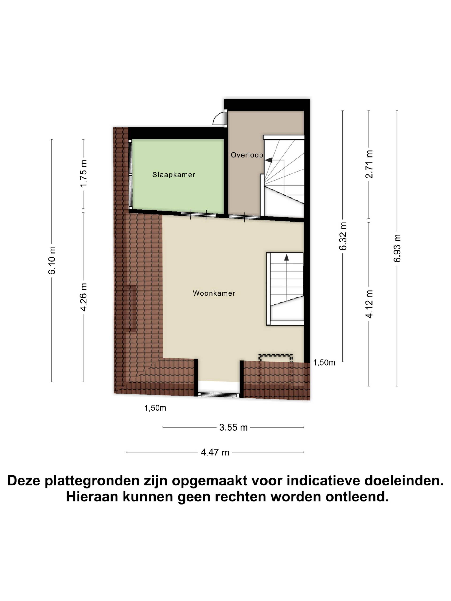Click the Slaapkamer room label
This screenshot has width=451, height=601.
click(174, 175)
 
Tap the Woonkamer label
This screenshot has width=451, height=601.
click(214, 293)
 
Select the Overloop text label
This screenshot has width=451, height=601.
click(247, 155)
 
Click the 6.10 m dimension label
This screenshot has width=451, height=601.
click(52, 260)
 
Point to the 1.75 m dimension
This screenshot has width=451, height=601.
click(83, 173)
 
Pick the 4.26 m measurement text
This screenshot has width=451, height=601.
click(83, 297)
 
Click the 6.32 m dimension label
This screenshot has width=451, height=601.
click(343, 236)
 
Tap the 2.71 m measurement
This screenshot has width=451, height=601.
click(369, 164)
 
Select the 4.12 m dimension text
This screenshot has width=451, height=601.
click(369, 304)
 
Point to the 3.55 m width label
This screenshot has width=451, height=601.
click(233, 427)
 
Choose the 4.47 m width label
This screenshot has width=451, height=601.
click(215, 452)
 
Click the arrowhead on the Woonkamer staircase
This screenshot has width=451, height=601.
click(287, 257)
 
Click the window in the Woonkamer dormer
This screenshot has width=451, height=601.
click(219, 394)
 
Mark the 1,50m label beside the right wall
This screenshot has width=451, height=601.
click(324, 362)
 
